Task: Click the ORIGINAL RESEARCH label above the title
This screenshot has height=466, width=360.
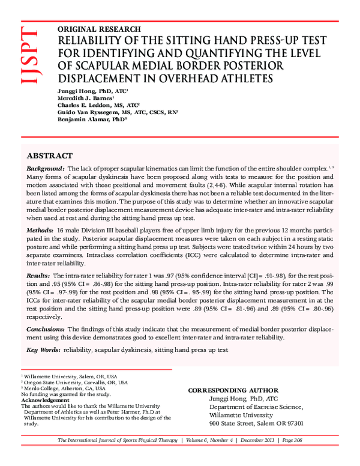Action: coord(99,29)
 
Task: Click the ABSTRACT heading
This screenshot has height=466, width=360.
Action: coord(50,155)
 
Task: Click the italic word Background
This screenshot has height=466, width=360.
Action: coord(46,170)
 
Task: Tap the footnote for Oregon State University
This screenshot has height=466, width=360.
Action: coord(75,382)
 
